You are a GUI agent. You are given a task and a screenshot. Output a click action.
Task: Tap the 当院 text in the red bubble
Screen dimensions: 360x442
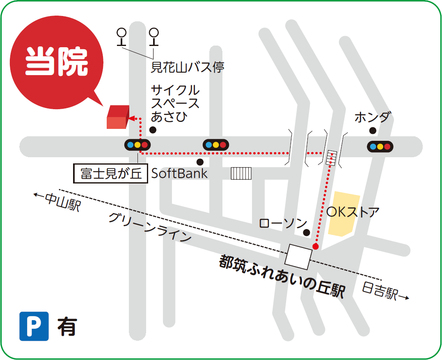(57, 62)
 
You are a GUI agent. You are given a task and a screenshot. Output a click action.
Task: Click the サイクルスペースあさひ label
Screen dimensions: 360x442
(175, 103)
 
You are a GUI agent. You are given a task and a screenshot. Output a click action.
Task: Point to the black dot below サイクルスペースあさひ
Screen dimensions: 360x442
(153, 130)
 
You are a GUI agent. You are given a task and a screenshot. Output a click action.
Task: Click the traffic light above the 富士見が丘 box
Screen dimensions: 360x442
(137, 144)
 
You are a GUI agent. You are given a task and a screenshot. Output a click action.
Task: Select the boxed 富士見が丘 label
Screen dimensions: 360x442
(110, 174)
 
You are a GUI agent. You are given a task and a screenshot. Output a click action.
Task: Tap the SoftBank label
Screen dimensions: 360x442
(180, 174)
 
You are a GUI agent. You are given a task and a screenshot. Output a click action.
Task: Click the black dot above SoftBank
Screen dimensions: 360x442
(200, 162)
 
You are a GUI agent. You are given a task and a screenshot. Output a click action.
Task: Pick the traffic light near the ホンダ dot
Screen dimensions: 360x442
(380, 146)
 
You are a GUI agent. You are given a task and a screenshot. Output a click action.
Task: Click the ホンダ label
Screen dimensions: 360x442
(371, 117)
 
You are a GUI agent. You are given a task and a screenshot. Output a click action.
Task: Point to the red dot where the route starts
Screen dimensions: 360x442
(315, 246)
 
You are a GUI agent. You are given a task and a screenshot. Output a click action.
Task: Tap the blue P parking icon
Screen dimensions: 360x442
(34, 326)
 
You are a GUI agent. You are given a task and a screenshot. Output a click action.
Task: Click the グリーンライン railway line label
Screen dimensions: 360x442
(150, 227)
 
